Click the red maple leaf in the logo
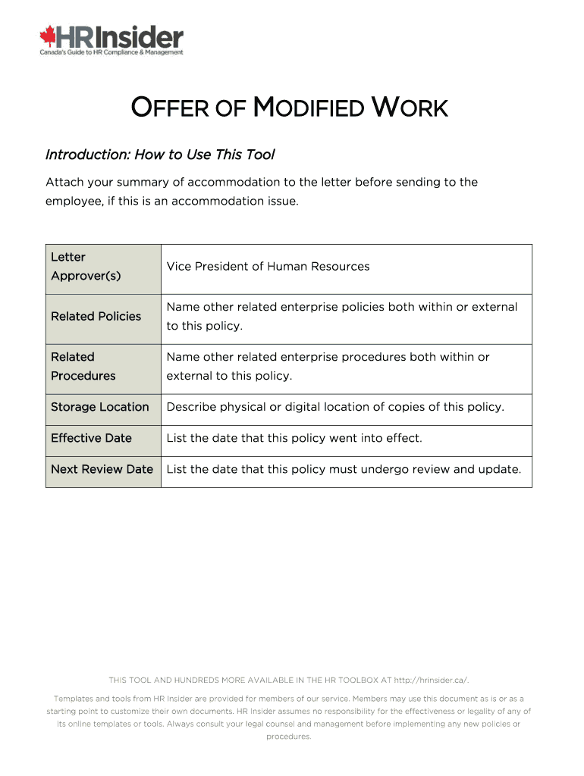(x=49, y=36)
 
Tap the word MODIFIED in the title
(x=308, y=108)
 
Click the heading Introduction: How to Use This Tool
(x=160, y=155)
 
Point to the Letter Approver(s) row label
(x=86, y=267)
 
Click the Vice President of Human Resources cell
(x=268, y=267)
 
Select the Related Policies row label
(x=96, y=317)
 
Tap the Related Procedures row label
(x=83, y=367)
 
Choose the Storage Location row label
(x=99, y=407)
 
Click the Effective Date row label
(x=91, y=438)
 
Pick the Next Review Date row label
(x=102, y=469)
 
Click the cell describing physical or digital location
(x=335, y=407)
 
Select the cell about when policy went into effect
(x=294, y=438)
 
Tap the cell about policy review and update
(x=344, y=469)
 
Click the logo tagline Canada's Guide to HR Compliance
(x=111, y=52)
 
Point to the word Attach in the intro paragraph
(x=64, y=182)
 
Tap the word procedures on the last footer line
(x=288, y=737)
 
